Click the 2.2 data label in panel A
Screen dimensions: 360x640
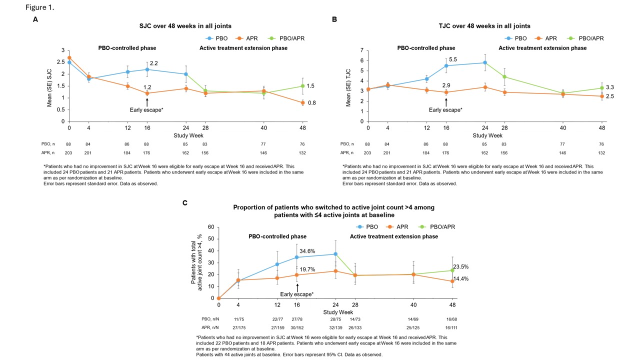point(154,63)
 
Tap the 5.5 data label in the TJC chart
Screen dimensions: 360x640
point(453,59)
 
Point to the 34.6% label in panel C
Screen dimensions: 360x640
point(307,251)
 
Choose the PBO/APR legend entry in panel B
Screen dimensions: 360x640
point(587,38)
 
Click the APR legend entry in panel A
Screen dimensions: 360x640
point(248,38)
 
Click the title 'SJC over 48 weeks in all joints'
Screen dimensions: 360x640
point(185,26)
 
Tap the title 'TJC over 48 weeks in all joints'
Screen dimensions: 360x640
point(484,26)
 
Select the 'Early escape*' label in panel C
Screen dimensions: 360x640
point(297,294)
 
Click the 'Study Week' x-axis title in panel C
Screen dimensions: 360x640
point(337,313)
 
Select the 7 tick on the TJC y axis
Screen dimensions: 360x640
point(362,50)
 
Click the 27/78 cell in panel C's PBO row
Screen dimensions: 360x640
point(297,319)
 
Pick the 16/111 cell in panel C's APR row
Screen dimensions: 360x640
point(452,328)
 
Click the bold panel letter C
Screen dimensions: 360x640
point(185,202)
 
